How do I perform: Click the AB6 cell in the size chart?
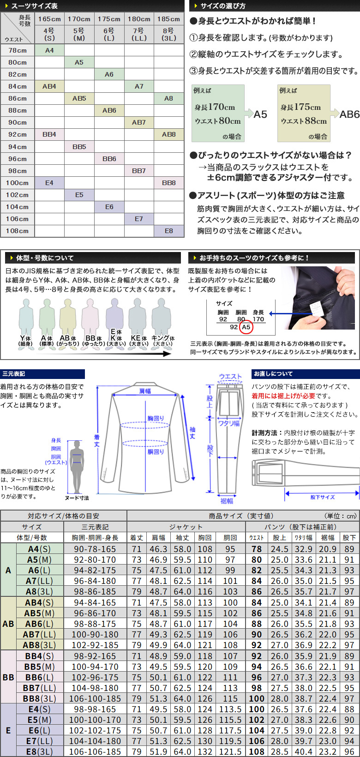pyautogui.click(x=109, y=110)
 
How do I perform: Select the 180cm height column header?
pyautogui.click(x=139, y=19)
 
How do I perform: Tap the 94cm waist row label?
pyautogui.click(x=18, y=147)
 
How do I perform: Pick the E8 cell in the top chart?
pyautogui.click(x=168, y=231)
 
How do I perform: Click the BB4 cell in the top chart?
pyautogui.click(x=49, y=134)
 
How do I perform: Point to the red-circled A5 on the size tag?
pyautogui.click(x=246, y=327)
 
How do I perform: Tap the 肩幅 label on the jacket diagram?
pyautogui.click(x=145, y=391)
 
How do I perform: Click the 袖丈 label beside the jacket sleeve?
pyautogui.click(x=192, y=433)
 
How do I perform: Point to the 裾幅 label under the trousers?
pyautogui.click(x=227, y=501)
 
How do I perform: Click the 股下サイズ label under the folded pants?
pyautogui.click(x=323, y=497)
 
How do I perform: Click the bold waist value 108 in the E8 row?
pyautogui.click(x=257, y=751)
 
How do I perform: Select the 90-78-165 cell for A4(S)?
pyautogui.click(x=95, y=549)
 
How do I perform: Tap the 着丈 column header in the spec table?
pyautogui.click(x=137, y=538)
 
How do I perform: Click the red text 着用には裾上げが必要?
pyautogui.click(x=283, y=396)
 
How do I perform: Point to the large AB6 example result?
pyautogui.click(x=349, y=114)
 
